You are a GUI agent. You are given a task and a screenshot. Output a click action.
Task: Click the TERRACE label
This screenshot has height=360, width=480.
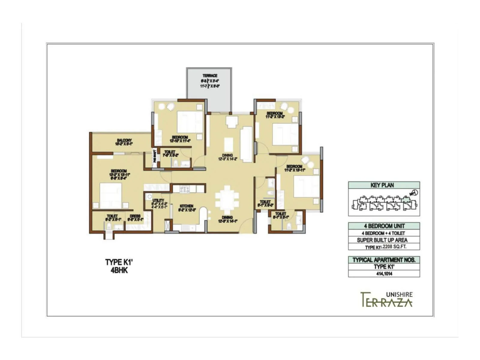(x=210, y=76)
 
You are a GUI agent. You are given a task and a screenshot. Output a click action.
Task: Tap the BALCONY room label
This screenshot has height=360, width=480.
(x=124, y=140)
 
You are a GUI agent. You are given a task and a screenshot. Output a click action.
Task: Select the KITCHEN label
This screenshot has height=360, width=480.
(x=186, y=206)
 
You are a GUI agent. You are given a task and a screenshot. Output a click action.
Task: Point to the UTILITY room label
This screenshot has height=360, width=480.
(x=158, y=200)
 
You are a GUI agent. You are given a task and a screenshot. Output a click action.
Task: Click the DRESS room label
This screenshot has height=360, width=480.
(x=135, y=216)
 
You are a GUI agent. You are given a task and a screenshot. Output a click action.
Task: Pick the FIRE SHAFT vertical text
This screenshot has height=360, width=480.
(x=155, y=156)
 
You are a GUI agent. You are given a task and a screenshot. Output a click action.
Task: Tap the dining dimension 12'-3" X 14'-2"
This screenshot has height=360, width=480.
(x=227, y=159)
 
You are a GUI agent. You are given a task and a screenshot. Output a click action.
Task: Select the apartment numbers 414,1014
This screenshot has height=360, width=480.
(x=384, y=274)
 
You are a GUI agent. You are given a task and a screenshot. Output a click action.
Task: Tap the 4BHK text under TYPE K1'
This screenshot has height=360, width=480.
(x=119, y=270)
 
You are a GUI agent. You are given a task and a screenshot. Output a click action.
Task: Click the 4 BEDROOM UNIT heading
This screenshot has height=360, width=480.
(x=384, y=226)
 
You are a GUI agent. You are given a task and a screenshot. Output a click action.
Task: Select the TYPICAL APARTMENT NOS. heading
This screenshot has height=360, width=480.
(x=384, y=260)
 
